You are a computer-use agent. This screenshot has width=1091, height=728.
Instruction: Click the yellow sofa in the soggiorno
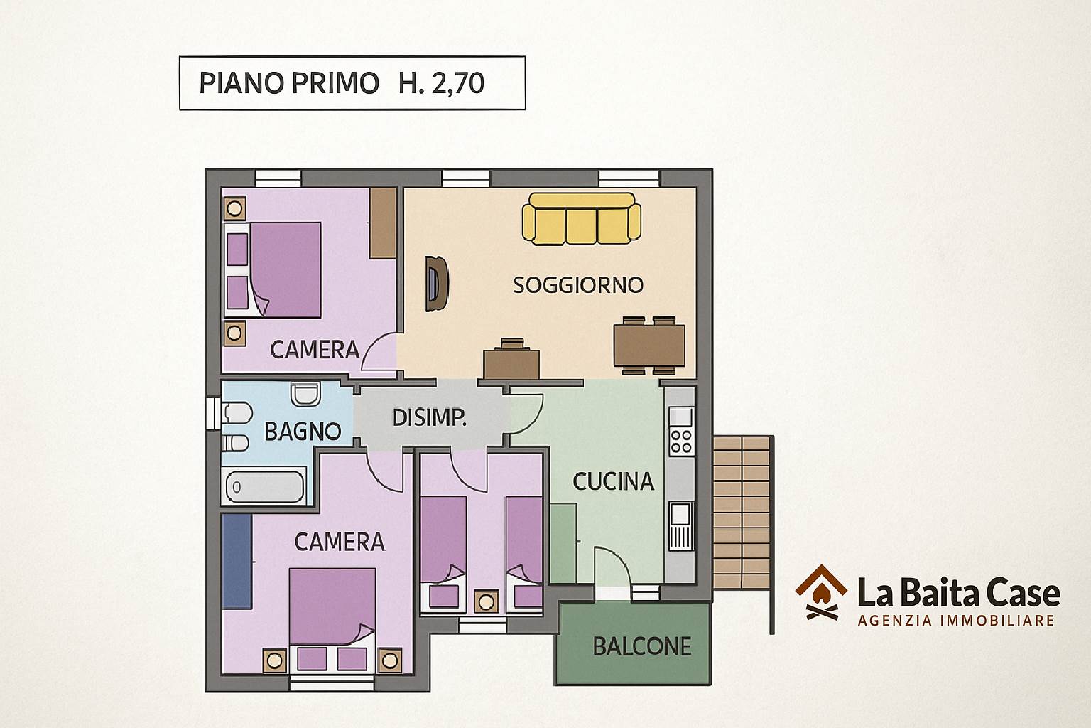(581, 218)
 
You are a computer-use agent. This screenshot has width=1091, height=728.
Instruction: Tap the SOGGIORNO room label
(578, 285)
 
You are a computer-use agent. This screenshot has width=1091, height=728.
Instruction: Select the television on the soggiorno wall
(436, 283)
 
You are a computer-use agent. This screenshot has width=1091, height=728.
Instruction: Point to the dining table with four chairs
(649, 346)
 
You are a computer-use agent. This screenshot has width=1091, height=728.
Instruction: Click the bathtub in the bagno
(265, 486)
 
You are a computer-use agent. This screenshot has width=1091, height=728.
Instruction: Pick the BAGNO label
(303, 432)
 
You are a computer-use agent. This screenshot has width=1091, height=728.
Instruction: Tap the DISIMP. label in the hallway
(429, 418)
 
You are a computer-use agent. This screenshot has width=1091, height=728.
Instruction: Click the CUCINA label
(613, 482)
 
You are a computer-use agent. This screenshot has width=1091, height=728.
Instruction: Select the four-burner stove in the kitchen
(681, 441)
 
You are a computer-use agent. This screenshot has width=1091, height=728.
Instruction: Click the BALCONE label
(642, 646)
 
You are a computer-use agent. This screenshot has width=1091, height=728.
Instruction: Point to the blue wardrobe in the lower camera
(237, 561)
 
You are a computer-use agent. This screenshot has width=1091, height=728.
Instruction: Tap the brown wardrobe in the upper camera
(383, 223)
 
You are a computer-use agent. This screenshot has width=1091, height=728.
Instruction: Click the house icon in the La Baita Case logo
(821, 592)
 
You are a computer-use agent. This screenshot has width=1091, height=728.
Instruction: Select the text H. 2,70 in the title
(441, 83)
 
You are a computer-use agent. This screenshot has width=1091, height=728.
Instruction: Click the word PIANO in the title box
(241, 83)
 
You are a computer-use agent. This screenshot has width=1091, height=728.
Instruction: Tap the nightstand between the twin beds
(486, 601)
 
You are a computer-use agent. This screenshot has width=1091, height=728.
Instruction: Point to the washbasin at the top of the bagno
(305, 393)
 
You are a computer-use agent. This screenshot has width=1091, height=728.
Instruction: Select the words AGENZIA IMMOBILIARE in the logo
(956, 621)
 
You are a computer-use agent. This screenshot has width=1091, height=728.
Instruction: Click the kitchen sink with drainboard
(680, 525)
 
